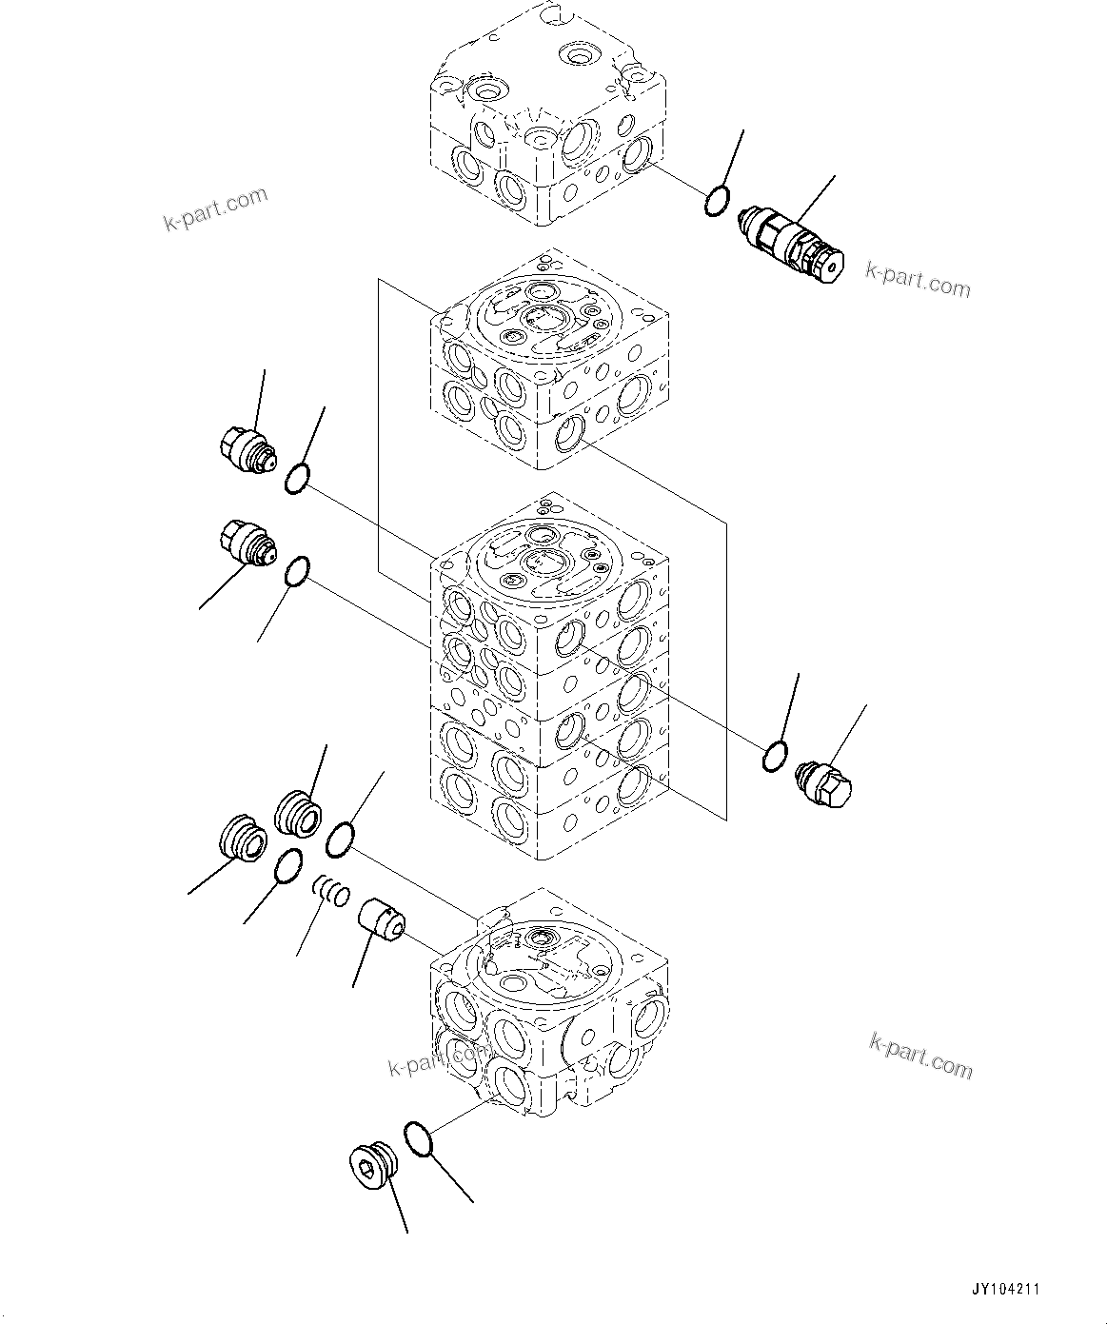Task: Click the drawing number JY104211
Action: pyautogui.click(x=1005, y=1291)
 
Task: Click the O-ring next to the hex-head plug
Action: pyautogui.click(x=775, y=757)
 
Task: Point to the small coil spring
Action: pyautogui.click(x=332, y=892)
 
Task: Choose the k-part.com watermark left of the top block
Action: pyautogui.click(x=215, y=209)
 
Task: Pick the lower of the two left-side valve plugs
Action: pyautogui.click(x=246, y=543)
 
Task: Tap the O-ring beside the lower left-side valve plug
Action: pyautogui.click(x=297, y=572)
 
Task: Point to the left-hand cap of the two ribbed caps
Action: pyautogui.click(x=239, y=839)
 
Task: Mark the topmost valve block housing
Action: pyautogui.click(x=546, y=114)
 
